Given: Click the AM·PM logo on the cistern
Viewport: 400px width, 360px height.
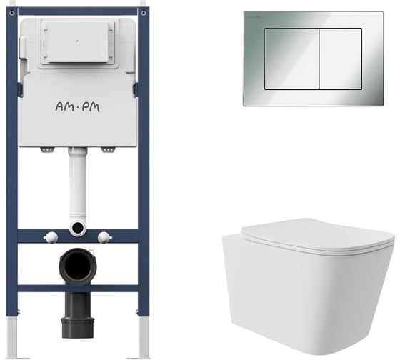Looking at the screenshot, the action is (x=78, y=107).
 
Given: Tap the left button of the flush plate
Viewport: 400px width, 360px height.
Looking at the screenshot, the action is (x=291, y=59).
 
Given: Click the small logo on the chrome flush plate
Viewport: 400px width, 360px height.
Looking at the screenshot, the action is (x=254, y=17).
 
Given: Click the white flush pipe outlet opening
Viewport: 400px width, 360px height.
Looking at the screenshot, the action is (x=78, y=227).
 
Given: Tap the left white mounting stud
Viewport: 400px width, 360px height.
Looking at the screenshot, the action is (x=51, y=237).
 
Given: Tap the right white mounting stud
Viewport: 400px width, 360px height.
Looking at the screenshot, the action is (x=104, y=237).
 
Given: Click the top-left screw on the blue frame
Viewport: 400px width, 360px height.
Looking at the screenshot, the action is (x=12, y=13).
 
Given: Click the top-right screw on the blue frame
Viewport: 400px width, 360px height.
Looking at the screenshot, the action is (x=144, y=13).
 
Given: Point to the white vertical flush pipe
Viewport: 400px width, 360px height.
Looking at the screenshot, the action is (x=78, y=184).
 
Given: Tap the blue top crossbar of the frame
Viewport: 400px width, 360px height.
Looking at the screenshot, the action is (x=78, y=11).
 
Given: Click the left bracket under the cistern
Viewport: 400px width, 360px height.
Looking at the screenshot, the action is (x=47, y=150).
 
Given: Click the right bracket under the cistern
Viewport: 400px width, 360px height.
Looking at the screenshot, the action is (x=108, y=150).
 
